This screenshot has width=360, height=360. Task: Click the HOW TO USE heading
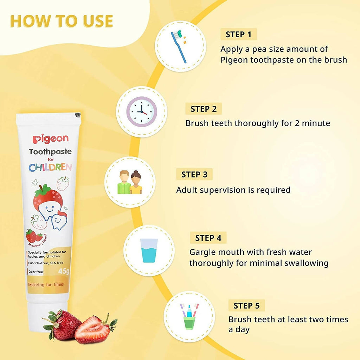pos(62,21)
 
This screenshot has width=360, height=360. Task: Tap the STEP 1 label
pos(239,34)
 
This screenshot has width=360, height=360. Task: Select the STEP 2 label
pos(204,109)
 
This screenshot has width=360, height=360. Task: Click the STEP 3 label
pos(194,174)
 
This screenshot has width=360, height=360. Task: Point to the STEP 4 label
pos(208,238)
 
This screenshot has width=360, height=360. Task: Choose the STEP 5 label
pos(246,306)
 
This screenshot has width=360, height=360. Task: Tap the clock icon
pos(142,111)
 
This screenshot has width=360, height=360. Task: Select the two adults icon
pos(130,182)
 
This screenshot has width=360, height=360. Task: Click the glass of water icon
pos(149,250)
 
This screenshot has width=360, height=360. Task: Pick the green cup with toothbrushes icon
pos(189,316)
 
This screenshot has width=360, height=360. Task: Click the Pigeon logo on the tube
pos(50,139)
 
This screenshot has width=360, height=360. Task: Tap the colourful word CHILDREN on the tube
pos(50,167)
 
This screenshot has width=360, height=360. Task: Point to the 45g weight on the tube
pos(64,271)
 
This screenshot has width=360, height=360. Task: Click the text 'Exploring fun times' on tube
pos(46,284)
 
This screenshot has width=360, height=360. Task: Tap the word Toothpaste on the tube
pos(50,152)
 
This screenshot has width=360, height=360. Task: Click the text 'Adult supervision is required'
pos(233,190)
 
